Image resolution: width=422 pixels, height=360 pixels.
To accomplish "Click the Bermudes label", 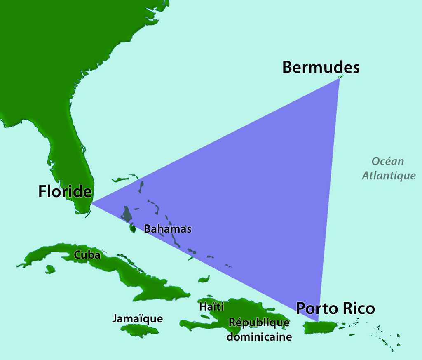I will click(x=321, y=67).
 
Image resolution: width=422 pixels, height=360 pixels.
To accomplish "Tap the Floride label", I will click(x=65, y=191).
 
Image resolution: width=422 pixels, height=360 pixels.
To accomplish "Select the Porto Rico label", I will click(x=335, y=308).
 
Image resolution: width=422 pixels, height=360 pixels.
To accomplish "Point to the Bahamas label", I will click(x=168, y=229).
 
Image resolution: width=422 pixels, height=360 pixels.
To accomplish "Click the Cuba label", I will click(x=87, y=255).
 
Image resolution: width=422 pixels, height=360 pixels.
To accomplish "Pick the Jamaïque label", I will click(x=138, y=318).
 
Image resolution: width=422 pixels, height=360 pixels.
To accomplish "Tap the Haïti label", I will click(x=211, y=306).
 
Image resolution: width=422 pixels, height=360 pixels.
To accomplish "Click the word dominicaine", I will click(x=259, y=337).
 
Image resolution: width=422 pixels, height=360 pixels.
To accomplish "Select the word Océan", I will click(x=388, y=161).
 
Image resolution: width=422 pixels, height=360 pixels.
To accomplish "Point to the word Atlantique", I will click(x=389, y=176).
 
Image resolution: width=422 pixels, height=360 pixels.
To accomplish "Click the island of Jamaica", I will click(x=140, y=330).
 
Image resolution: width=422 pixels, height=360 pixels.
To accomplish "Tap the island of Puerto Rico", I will click(x=320, y=328).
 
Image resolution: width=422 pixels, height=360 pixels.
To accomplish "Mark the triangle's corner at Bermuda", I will click(x=339, y=78).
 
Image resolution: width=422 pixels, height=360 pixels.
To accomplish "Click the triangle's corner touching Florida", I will click(x=91, y=203).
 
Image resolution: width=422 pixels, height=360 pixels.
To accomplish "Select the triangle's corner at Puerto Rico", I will click(x=318, y=321).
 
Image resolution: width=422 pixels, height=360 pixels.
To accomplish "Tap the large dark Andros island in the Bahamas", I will click(x=127, y=213).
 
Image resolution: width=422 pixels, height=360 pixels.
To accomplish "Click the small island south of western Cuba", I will click(x=50, y=269).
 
